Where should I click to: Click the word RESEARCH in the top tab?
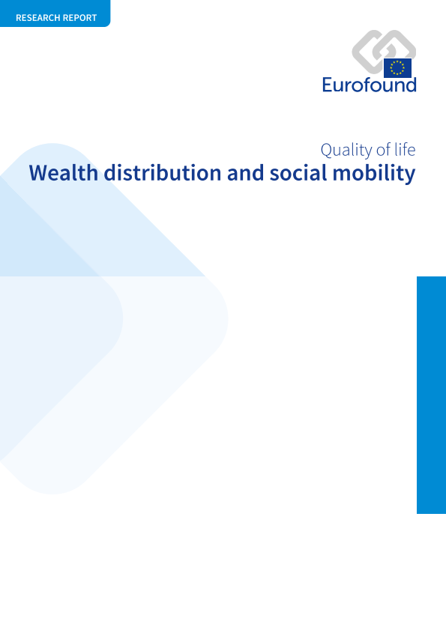pyautogui.click(x=36, y=18)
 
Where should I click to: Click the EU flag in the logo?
pyautogui.click(x=397, y=68)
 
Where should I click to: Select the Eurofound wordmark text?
pyautogui.click(x=370, y=85)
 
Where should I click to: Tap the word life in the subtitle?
pyautogui.click(x=405, y=150)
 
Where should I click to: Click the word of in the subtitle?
pyautogui.click(x=384, y=150)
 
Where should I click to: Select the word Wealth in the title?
pyautogui.click(x=64, y=173)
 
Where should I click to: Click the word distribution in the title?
pyautogui.click(x=163, y=173)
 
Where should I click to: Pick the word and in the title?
pyautogui.click(x=245, y=173)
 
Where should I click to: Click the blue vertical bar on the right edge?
pyautogui.click(x=432, y=395)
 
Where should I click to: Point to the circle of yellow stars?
pyautogui.click(x=397, y=68)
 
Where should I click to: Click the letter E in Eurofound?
pyautogui.click(x=328, y=85)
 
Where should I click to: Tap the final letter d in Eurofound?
pyautogui.click(x=410, y=85)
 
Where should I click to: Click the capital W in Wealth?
pyautogui.click(x=40, y=173)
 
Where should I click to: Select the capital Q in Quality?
pyautogui.click(x=327, y=151)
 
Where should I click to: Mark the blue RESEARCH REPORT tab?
pyautogui.click(x=55, y=13)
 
